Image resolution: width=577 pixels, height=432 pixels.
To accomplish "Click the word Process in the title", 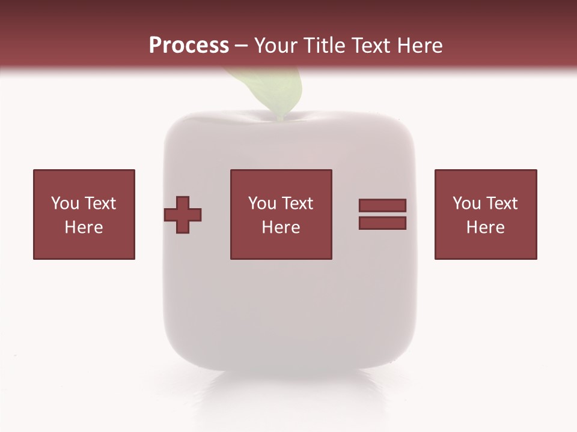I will (x=189, y=46).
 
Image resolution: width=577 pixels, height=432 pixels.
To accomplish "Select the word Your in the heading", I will (x=276, y=46).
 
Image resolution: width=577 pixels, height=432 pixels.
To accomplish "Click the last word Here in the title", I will (x=420, y=46).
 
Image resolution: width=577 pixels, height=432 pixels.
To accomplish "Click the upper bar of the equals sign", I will (x=382, y=205).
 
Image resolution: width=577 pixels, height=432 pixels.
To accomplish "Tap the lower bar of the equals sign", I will (x=382, y=223).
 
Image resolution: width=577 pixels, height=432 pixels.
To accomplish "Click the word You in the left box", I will (x=65, y=203).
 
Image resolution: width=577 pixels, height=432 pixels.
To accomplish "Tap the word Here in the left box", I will (x=84, y=227).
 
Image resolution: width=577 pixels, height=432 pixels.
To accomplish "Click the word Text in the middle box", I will (x=296, y=203).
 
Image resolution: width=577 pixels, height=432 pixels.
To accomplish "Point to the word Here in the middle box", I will (x=281, y=227).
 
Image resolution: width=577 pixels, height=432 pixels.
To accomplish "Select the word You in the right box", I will (x=466, y=203).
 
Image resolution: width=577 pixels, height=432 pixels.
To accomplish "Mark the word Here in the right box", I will (x=486, y=227).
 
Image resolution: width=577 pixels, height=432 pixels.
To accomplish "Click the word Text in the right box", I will (x=501, y=203).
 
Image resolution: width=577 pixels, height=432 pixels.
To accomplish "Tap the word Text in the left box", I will (x=99, y=203).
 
